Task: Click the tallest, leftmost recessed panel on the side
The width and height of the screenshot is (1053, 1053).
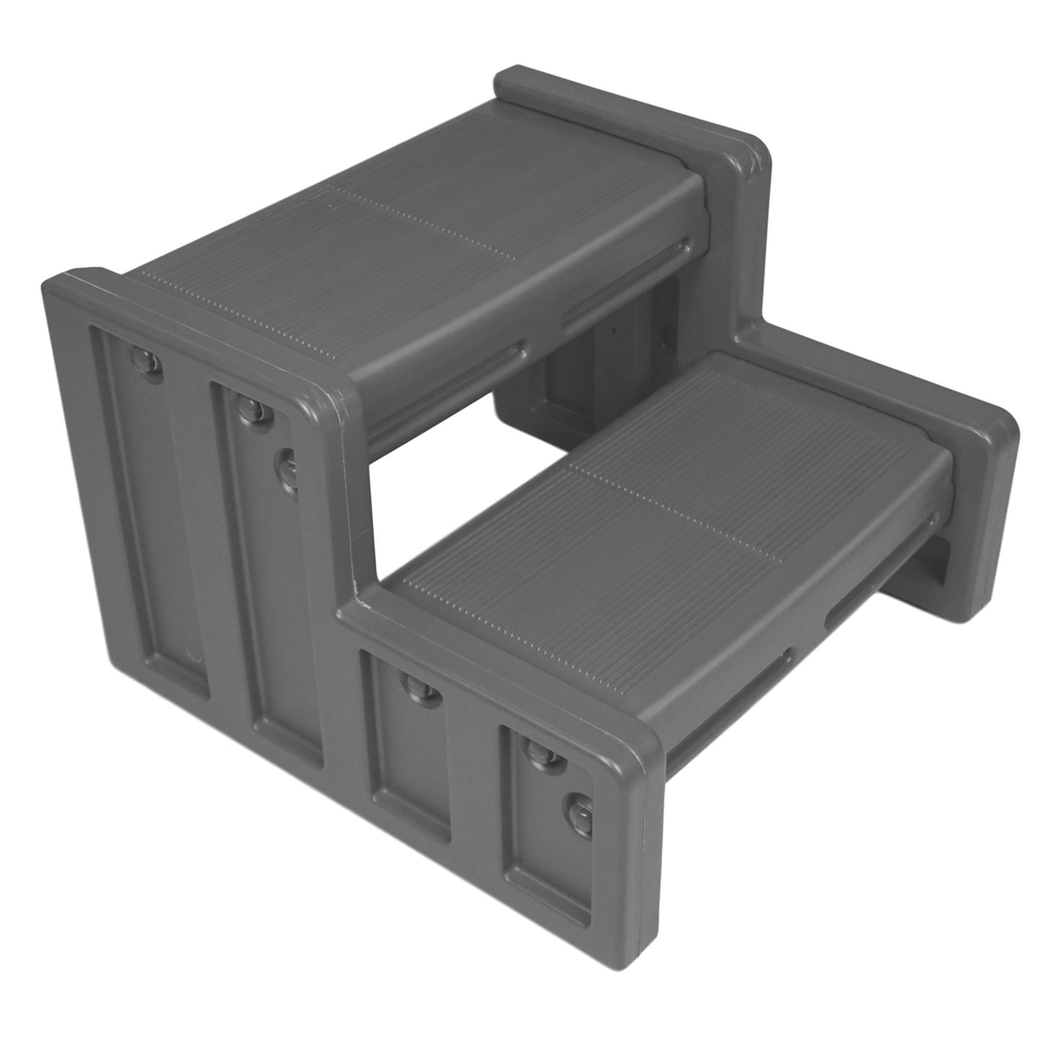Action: pyautogui.click(x=151, y=513)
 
